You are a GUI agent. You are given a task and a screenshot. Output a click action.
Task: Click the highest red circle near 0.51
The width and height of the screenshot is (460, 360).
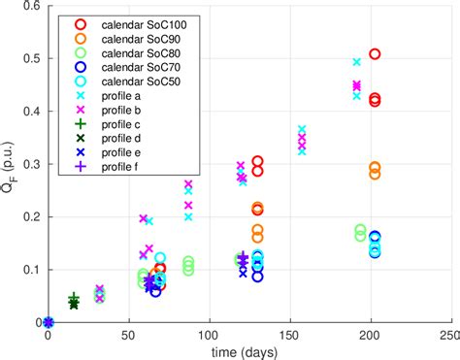click(x=375, y=54)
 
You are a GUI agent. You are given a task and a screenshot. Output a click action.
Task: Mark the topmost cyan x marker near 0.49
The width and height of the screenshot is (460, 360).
click(x=356, y=62)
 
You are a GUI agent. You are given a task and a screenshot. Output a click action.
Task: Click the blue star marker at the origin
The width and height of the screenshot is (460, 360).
click(x=49, y=322)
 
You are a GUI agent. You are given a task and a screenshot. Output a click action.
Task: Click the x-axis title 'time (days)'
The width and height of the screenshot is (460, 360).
click(x=248, y=351)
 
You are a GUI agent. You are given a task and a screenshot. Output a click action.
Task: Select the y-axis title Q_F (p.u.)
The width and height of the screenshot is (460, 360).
click(x=9, y=164)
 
